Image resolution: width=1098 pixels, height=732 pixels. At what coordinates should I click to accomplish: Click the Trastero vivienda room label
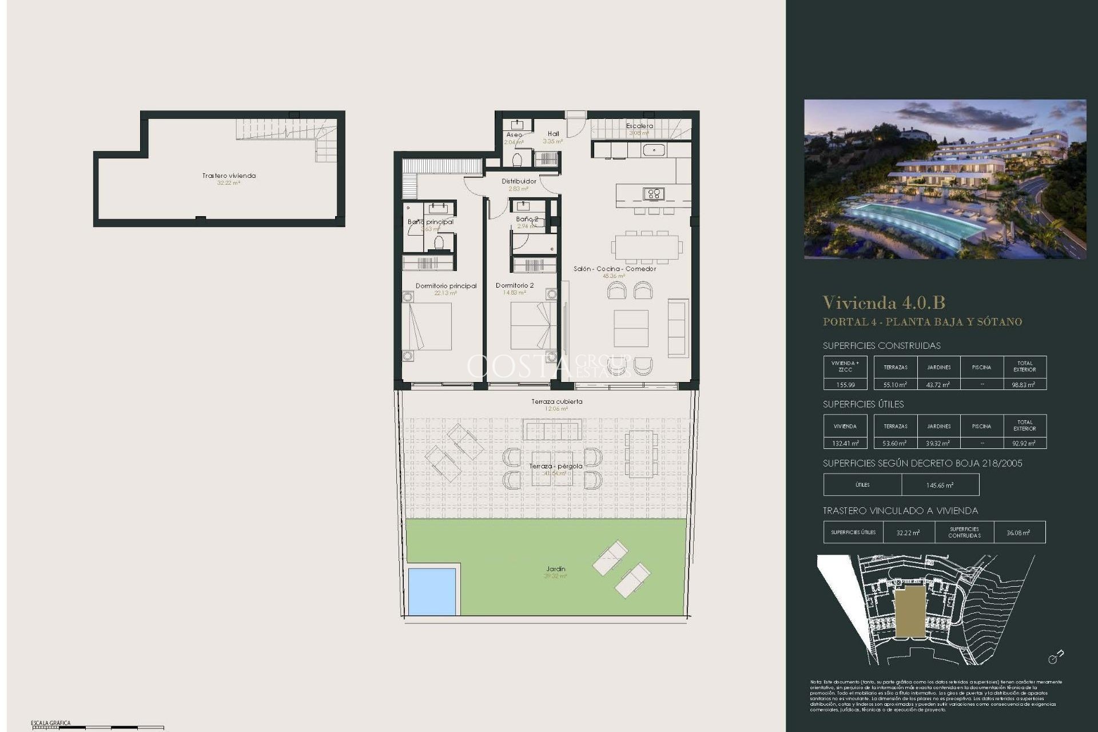[229, 176]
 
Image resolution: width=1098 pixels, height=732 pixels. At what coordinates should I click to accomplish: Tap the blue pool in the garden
[432, 591]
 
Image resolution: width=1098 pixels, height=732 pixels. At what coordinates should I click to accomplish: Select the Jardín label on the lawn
[555, 569]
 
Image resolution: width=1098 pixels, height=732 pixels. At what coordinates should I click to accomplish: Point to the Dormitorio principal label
[446, 286]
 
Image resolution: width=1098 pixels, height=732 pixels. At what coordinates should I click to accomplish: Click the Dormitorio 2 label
[515, 285]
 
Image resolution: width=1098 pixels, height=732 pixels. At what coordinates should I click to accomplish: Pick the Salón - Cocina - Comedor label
[615, 269]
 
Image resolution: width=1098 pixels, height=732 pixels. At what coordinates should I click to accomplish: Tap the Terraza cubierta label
[556, 401]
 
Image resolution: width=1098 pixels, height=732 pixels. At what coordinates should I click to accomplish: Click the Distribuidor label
[519, 181]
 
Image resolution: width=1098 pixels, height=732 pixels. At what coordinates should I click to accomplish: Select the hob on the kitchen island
[653, 194]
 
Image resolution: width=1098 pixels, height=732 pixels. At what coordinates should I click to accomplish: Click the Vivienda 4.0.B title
[884, 303]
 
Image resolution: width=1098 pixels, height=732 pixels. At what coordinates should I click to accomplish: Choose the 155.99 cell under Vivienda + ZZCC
[845, 385]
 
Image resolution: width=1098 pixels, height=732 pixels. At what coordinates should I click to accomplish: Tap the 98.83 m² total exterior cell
[1024, 385]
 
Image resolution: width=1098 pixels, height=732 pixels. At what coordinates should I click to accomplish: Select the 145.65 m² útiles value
[940, 486]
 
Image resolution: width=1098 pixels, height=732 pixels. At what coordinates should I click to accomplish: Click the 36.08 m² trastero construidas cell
[1019, 532]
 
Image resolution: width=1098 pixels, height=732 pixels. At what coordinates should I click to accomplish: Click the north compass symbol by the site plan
[1056, 657]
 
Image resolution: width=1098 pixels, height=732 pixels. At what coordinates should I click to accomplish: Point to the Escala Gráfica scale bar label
[51, 723]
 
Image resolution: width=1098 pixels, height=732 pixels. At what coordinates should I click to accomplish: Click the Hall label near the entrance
[553, 134]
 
